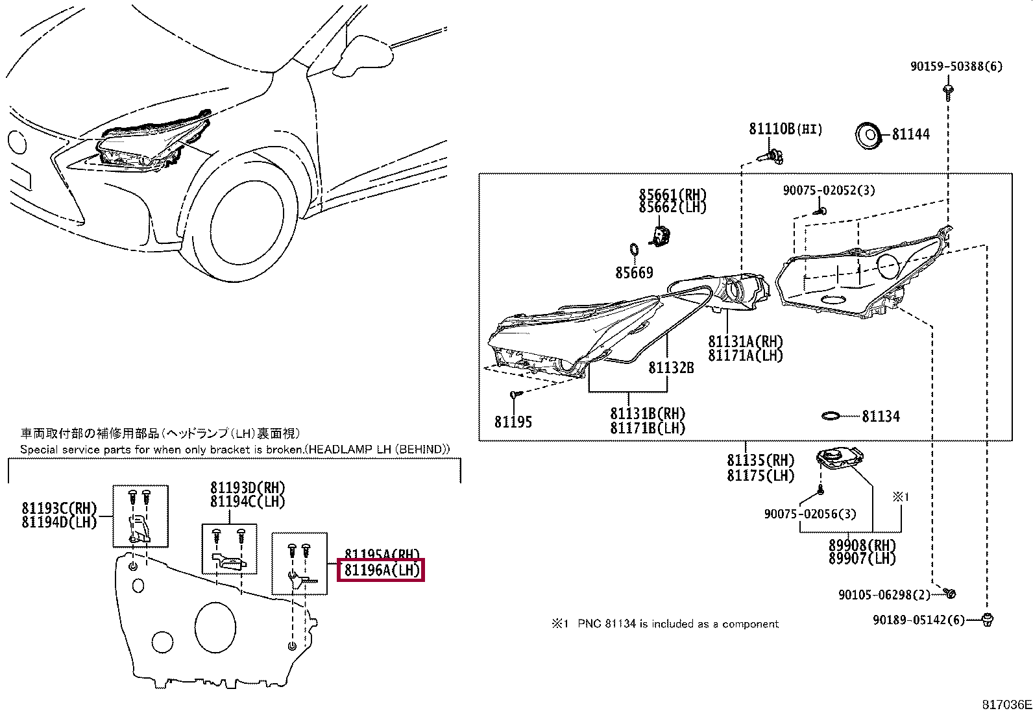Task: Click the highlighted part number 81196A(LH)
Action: click(382, 570)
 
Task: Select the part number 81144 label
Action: click(910, 134)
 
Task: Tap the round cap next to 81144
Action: click(868, 136)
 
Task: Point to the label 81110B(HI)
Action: click(785, 129)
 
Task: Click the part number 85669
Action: click(634, 273)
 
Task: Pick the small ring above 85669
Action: click(634, 250)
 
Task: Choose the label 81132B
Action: click(671, 368)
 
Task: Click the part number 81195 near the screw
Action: click(513, 422)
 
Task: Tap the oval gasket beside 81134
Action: click(831, 416)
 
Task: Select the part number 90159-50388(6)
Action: click(955, 66)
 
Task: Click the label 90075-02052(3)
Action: click(829, 190)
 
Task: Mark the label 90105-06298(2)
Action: click(884, 595)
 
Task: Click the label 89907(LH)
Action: click(862, 559)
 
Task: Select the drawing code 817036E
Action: click(1006, 705)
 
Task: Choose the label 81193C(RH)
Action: click(58, 509)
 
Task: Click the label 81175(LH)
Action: click(760, 476)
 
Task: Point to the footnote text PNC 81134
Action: click(677, 624)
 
